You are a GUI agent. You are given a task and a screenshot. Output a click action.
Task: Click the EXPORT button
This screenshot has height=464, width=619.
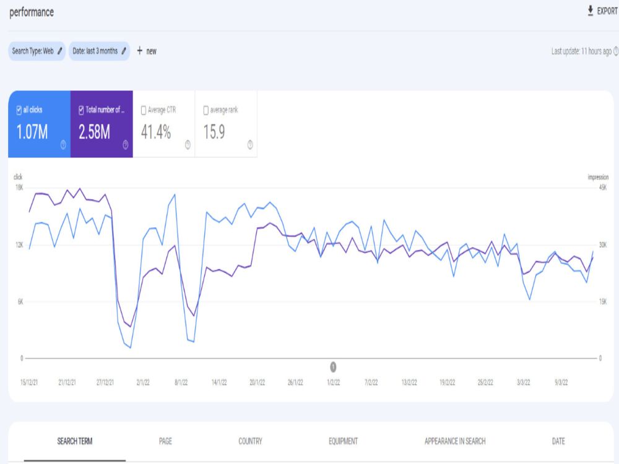coord(602,11)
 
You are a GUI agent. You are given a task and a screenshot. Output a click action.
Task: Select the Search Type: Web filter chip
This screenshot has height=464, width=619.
coord(37,51)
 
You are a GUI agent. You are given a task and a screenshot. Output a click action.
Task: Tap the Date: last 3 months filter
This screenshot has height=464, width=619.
coord(99,51)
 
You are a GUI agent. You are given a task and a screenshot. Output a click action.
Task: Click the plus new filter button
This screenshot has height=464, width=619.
coord(147,51)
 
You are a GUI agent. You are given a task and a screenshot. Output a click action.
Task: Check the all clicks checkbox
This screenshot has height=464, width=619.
coord(19,111)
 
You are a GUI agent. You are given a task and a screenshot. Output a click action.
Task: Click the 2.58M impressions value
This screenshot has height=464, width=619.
coord(94,132)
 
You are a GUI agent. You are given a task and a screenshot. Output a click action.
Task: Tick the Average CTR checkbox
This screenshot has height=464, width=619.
coord(144,111)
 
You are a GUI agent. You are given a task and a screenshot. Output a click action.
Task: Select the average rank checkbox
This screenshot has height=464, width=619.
coord(206,111)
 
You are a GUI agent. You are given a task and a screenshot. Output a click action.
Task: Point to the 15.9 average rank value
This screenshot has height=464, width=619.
coord(214,132)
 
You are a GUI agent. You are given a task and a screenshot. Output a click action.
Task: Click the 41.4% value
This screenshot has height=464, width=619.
coord(156,132)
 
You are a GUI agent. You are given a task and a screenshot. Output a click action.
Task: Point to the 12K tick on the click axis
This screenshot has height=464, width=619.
coord(19,245)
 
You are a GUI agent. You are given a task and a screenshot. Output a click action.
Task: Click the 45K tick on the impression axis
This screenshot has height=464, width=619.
coord(603,188)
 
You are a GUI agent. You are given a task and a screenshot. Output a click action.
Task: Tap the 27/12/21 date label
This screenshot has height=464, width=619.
coord(105,382)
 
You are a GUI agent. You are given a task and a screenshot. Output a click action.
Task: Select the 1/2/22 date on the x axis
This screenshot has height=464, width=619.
coord(333,382)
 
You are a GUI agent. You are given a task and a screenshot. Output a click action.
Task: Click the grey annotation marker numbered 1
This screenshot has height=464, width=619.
coord(333,367)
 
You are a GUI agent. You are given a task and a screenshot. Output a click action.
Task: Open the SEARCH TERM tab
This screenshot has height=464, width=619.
coord(75,441)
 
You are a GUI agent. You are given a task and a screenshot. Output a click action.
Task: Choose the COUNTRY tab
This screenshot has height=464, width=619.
coord(250,441)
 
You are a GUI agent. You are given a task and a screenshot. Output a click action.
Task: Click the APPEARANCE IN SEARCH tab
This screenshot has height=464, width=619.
coord(455,441)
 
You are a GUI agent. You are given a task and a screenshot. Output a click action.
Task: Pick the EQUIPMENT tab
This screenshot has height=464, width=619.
coord(343,441)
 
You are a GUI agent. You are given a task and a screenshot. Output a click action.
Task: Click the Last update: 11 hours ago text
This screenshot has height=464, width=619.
coord(581,51)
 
